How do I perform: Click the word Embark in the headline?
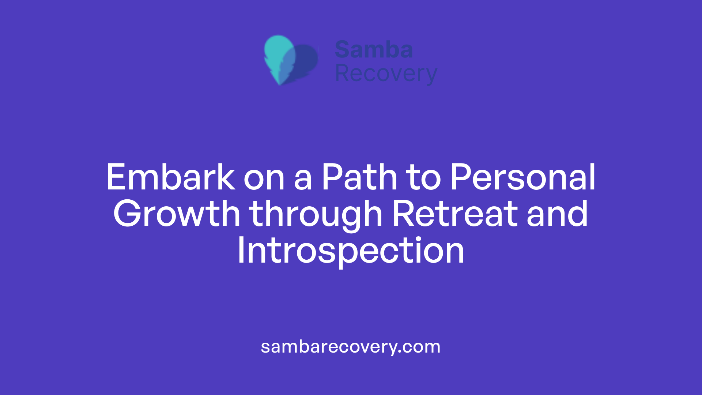coord(170,178)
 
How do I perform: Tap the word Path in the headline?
coord(359,178)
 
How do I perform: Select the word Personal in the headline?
coord(523,178)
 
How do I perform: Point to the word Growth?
coord(177,214)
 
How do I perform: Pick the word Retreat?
coord(455,214)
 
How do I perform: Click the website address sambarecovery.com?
coord(351,347)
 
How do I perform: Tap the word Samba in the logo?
coord(374,50)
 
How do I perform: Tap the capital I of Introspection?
coord(241,251)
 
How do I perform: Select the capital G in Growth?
coord(127,214)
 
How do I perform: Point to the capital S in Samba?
coord(343,50)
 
